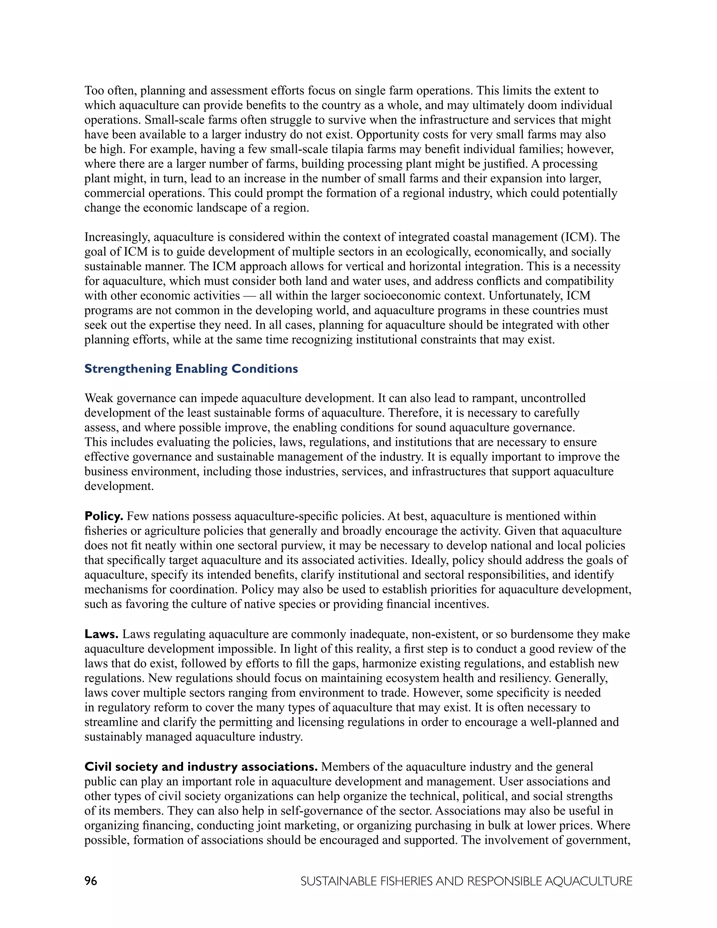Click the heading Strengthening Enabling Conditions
point(191,369)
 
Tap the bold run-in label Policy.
point(104,516)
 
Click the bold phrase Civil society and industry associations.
point(201,767)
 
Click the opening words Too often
point(110,90)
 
